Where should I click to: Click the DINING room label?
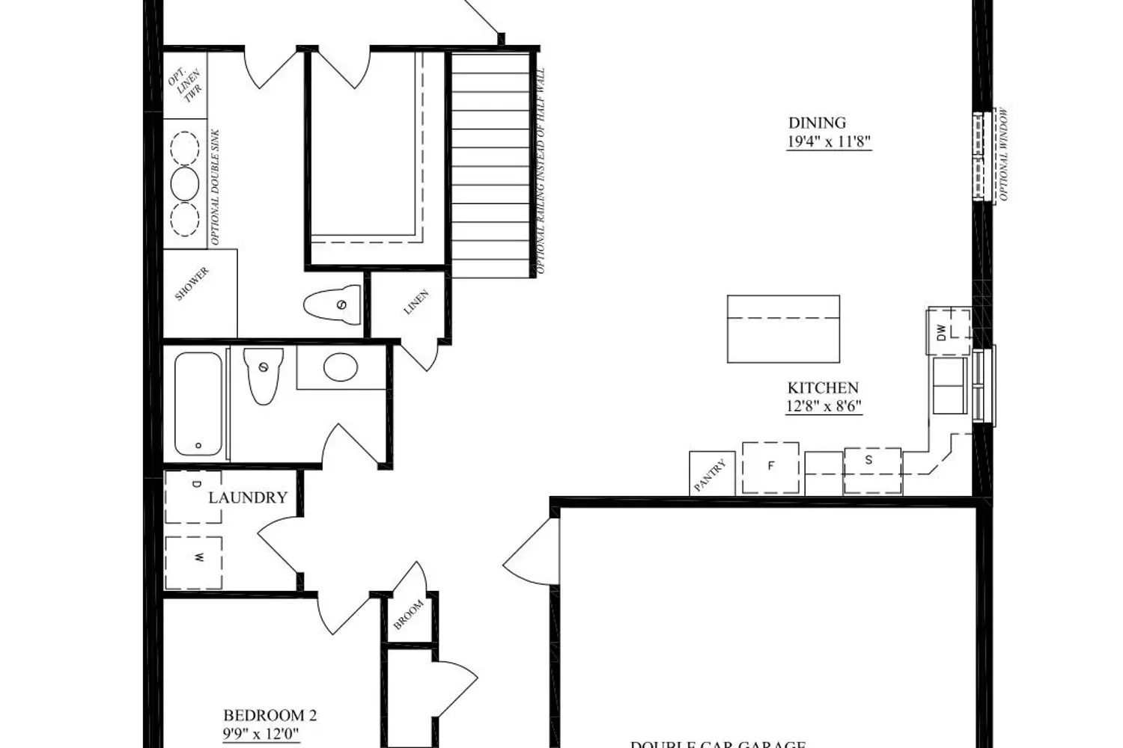pyautogui.click(x=817, y=123)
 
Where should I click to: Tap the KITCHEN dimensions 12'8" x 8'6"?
pyautogui.click(x=824, y=407)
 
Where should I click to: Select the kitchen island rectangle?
pyautogui.click(x=783, y=329)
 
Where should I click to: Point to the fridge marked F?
pyautogui.click(x=770, y=467)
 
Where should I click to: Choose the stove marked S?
pyautogui.click(x=871, y=470)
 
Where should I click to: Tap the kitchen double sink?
pyautogui.click(x=949, y=385)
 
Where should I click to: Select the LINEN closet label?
pyautogui.click(x=416, y=302)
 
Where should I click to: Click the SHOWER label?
pyautogui.click(x=192, y=284)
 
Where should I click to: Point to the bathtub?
pyautogui.click(x=198, y=404)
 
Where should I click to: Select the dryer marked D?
pyautogui.click(x=194, y=496)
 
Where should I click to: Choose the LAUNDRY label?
pyautogui.click(x=248, y=497)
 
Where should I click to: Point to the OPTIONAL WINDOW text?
pyautogui.click(x=1003, y=155)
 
